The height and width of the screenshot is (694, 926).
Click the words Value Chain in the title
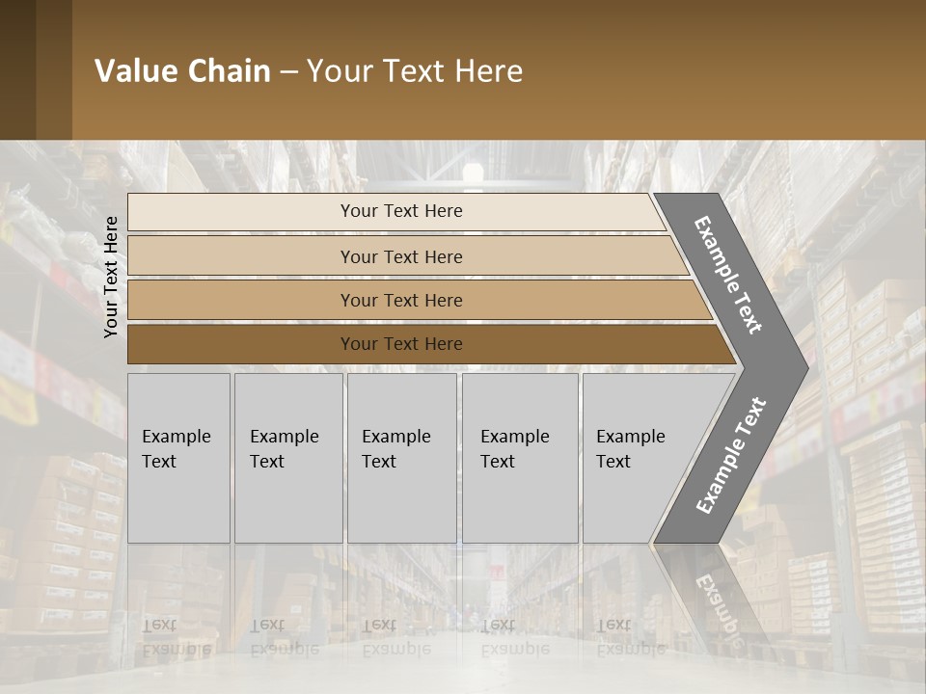tap(182, 71)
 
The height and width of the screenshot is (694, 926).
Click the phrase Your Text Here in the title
tap(415, 71)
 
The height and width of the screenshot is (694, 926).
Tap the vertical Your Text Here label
tap(111, 277)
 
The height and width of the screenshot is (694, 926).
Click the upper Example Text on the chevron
tap(729, 275)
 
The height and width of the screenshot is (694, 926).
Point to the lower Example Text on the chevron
tap(731, 456)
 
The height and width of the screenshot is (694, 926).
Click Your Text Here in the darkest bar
tap(401, 344)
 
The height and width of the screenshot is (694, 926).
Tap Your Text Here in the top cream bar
tap(401, 211)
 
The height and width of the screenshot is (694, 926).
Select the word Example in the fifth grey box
tap(631, 437)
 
